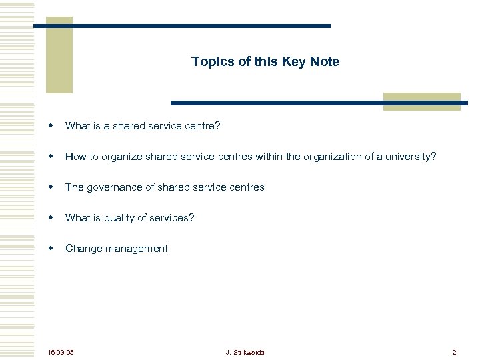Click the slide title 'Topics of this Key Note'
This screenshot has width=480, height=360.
point(265,62)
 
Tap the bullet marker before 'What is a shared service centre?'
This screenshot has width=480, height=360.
point(50,125)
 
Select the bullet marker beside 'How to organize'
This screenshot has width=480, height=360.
point(50,156)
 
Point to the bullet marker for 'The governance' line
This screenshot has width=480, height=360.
point(50,187)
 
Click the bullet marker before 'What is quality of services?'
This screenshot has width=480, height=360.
point(50,217)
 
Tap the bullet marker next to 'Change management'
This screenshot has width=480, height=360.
point(50,248)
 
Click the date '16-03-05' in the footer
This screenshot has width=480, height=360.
point(61,351)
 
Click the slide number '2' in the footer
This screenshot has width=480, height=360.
point(454,351)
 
